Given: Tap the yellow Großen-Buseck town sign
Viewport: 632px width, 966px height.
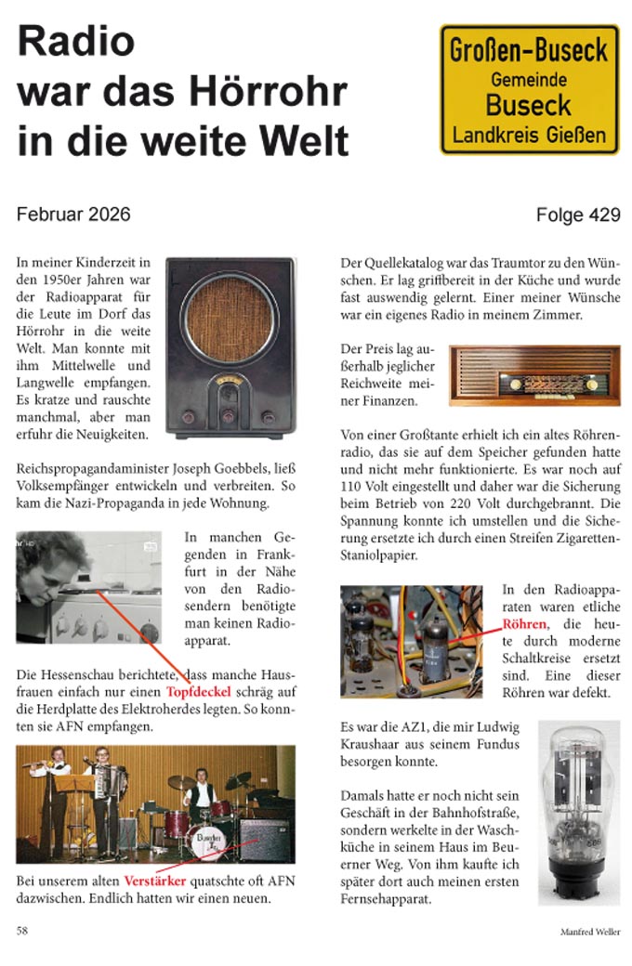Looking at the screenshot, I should pos(529,89).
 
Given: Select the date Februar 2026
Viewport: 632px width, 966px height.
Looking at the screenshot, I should pos(73,215).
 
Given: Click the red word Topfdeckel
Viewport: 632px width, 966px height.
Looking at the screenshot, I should pos(201,692).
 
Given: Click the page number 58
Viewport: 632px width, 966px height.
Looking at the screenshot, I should pos(22,931).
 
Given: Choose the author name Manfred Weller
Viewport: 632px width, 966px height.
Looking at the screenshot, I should pos(589,932).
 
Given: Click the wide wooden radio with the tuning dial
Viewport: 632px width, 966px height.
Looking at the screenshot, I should pos(533,376).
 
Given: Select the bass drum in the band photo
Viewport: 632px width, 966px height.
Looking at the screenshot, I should pos(206,840).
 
